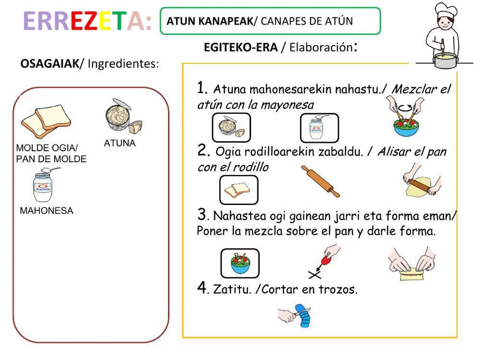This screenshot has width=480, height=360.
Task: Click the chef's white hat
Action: (x=446, y=11)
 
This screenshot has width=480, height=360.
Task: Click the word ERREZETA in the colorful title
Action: (x=87, y=22)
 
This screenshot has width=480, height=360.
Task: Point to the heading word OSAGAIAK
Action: (x=49, y=63)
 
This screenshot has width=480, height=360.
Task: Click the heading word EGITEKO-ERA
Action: (x=240, y=48)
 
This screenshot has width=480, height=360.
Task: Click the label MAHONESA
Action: (x=47, y=211)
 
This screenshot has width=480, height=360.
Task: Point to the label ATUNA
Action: (x=120, y=143)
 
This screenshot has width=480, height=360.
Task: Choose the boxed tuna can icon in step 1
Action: (x=231, y=128)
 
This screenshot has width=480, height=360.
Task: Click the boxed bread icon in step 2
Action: (x=239, y=190)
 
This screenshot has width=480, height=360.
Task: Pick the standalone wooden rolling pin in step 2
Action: (x=320, y=181)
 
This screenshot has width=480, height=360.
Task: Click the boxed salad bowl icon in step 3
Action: (x=240, y=263)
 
